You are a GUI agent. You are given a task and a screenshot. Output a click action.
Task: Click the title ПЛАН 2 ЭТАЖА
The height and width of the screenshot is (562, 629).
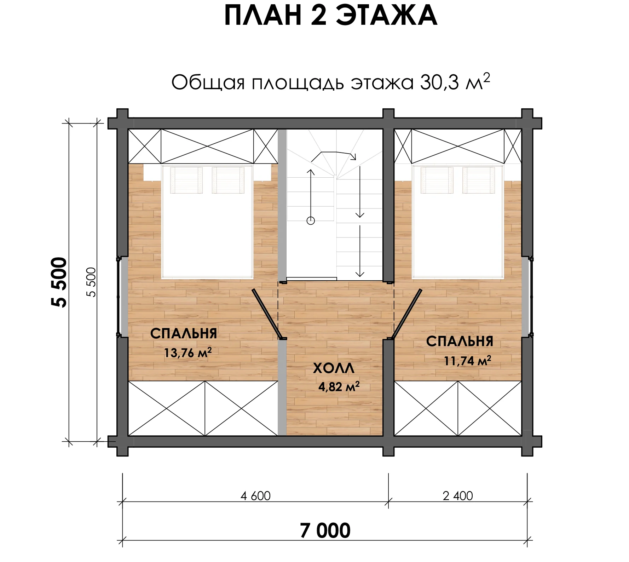(x=330, y=16)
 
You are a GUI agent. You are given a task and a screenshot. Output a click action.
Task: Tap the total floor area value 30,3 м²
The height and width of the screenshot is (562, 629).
(x=455, y=82)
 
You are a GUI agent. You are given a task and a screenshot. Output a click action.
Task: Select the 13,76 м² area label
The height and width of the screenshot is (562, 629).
(x=188, y=352)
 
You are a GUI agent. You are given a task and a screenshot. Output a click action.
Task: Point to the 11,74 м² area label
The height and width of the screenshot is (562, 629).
(x=468, y=361)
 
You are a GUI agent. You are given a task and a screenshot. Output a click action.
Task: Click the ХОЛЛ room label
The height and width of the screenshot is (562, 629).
(x=334, y=368)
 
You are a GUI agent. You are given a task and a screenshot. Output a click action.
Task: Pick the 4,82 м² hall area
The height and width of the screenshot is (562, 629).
(x=339, y=386)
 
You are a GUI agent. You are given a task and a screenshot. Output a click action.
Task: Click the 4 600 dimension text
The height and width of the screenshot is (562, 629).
(x=255, y=496)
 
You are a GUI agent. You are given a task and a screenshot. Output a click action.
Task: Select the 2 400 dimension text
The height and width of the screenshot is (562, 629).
(x=458, y=496)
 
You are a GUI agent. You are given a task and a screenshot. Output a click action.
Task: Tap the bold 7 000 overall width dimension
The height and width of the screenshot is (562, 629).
(x=325, y=531)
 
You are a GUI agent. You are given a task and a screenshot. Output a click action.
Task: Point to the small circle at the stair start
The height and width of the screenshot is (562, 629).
(x=311, y=221)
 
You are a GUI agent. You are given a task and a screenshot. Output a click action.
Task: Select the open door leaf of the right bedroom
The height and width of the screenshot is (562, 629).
(x=406, y=314)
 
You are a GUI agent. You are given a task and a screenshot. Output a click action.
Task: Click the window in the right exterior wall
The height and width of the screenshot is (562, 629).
(x=527, y=297)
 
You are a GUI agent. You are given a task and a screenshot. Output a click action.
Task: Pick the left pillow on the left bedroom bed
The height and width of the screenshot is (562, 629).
(x=186, y=180)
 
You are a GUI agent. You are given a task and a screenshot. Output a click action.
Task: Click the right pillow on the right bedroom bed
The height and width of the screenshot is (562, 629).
(x=479, y=180)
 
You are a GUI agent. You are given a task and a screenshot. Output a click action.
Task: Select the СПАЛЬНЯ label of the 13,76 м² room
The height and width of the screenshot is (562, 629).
(x=184, y=333)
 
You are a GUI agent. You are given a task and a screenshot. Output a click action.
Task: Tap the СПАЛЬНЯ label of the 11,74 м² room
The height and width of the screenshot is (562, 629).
(x=460, y=341)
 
